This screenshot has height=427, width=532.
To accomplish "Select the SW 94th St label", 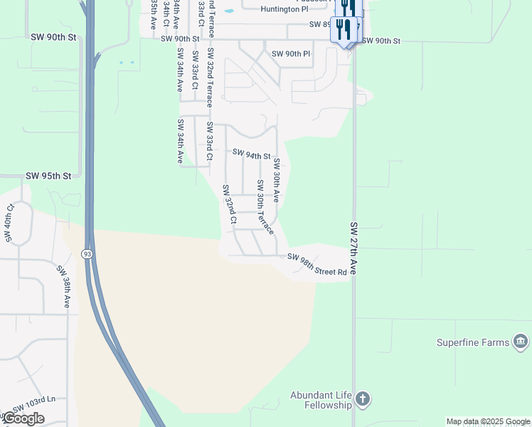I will click(252, 154).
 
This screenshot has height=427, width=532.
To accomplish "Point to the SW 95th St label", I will click(49, 176).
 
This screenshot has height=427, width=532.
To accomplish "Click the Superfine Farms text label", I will click(473, 342).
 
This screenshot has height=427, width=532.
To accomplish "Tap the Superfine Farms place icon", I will click(521, 342).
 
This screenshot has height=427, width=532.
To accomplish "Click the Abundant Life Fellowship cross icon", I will click(362, 399).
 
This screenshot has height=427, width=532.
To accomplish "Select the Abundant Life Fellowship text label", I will click(321, 400).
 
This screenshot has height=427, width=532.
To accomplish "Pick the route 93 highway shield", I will click(87, 253).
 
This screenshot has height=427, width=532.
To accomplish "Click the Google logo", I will click(23, 418).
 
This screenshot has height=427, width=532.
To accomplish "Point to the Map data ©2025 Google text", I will click(488, 421).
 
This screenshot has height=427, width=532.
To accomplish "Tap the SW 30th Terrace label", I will click(265, 213).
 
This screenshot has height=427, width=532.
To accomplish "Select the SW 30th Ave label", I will click(277, 180).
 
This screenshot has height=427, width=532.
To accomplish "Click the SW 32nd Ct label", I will click(228, 204).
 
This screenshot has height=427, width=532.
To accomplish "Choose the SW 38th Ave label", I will click(64, 286).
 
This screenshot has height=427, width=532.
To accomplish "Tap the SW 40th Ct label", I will click(10, 222).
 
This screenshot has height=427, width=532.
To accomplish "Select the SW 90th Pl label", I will click(292, 54).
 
